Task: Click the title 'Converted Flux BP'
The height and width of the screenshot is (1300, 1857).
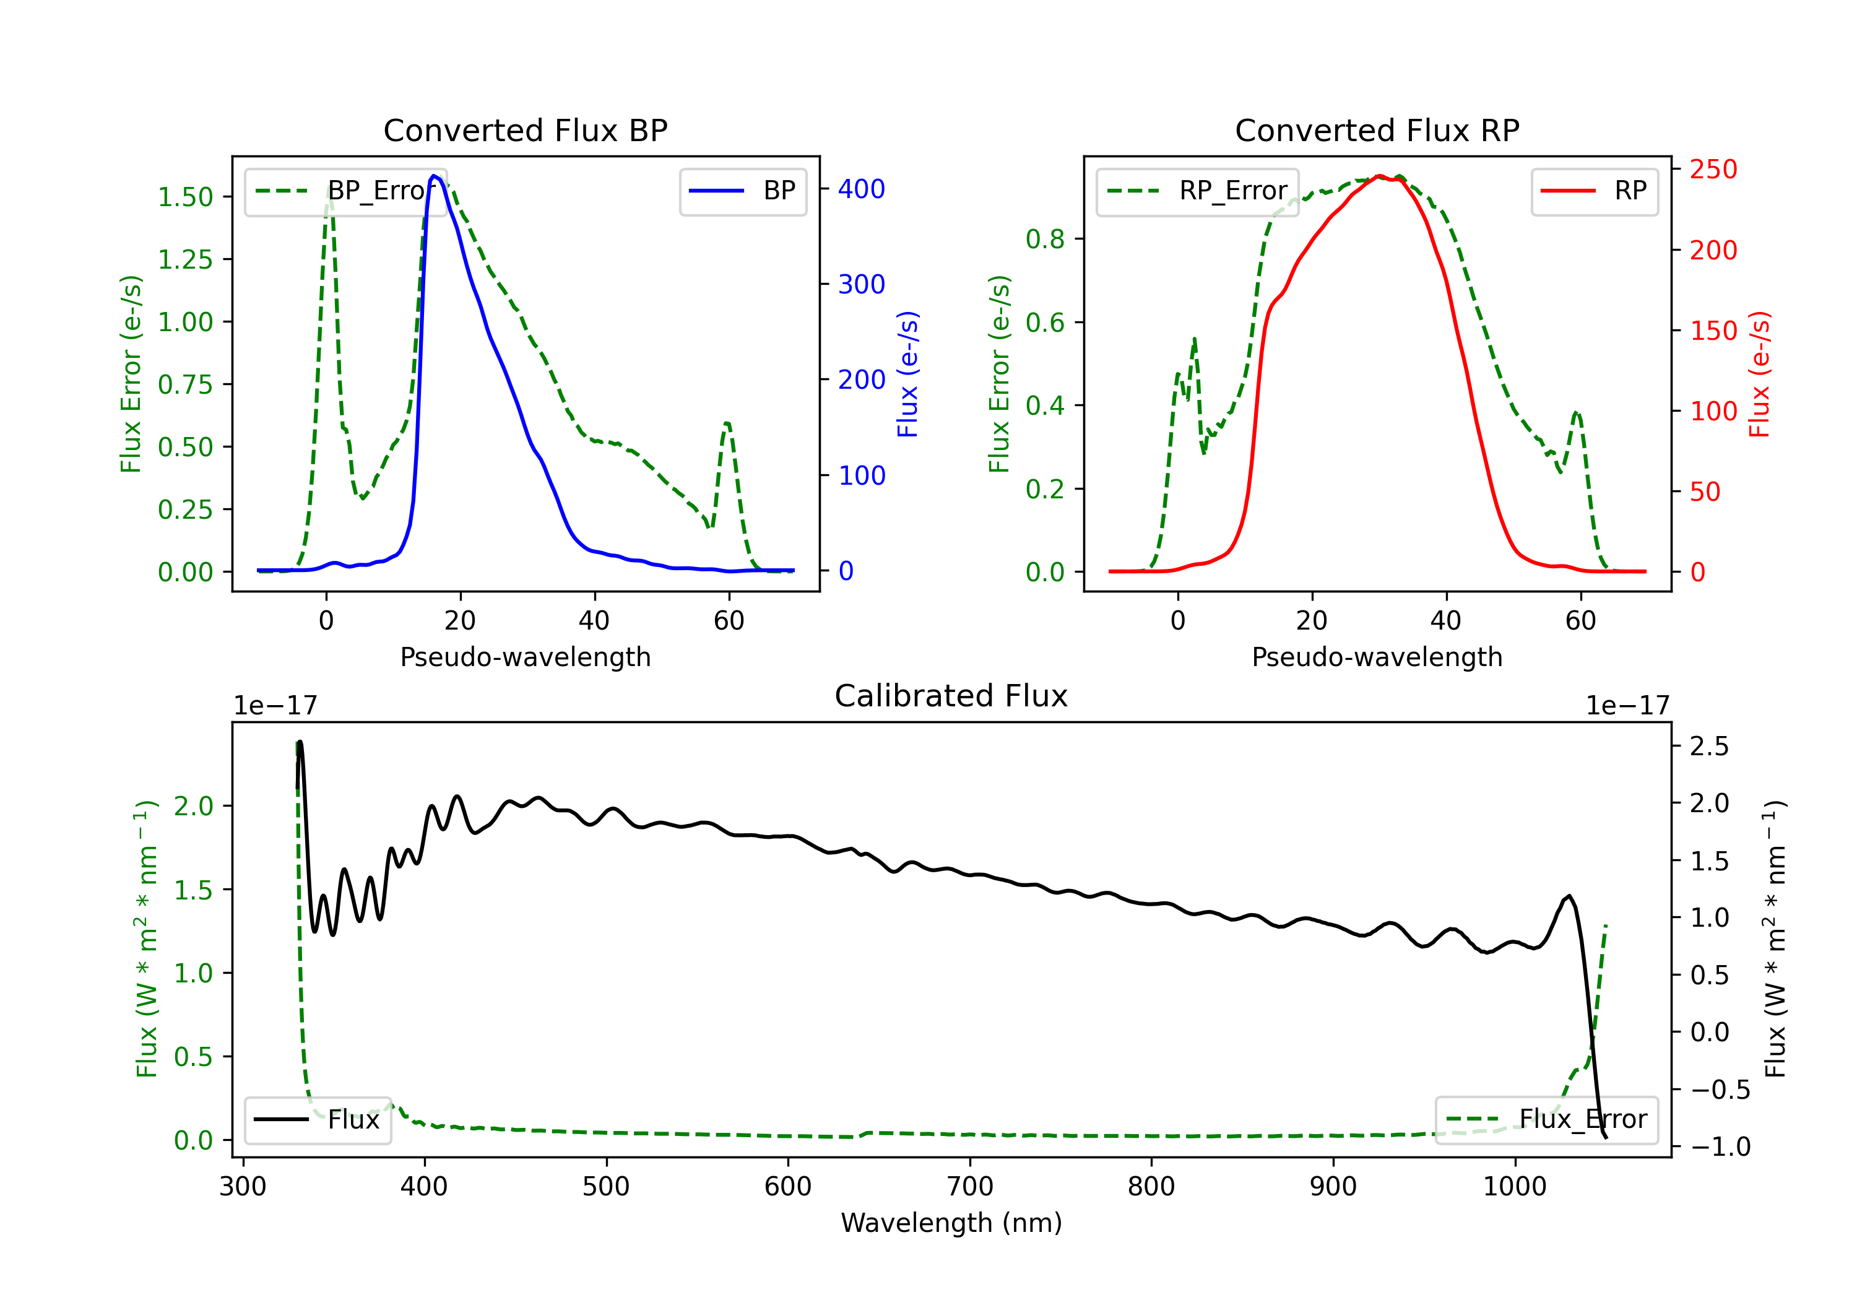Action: (525, 130)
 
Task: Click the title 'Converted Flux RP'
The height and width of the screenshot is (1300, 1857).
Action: (1377, 130)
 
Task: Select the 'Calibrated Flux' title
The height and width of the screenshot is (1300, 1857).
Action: (951, 696)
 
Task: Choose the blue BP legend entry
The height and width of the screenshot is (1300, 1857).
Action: (742, 191)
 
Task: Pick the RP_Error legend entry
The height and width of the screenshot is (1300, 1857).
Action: (1197, 191)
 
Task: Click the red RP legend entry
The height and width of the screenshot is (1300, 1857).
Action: (1594, 191)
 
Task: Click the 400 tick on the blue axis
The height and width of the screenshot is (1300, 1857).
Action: (862, 189)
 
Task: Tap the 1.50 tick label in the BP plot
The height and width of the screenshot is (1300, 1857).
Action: (185, 197)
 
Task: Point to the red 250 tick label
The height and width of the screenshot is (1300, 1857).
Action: (1713, 169)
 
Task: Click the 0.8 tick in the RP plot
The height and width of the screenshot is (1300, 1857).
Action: (1045, 240)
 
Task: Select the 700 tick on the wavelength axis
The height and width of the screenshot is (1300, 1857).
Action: (970, 1187)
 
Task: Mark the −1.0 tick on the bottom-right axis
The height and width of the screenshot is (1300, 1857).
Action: (1720, 1146)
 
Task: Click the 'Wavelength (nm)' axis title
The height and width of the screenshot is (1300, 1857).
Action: (951, 1223)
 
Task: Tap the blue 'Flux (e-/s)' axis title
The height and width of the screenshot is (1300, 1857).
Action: (907, 375)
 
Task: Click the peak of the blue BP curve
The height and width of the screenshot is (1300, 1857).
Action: (435, 176)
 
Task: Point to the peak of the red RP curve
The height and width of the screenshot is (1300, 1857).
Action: (1379, 176)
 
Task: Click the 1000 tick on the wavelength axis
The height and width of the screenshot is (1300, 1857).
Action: (1515, 1187)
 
